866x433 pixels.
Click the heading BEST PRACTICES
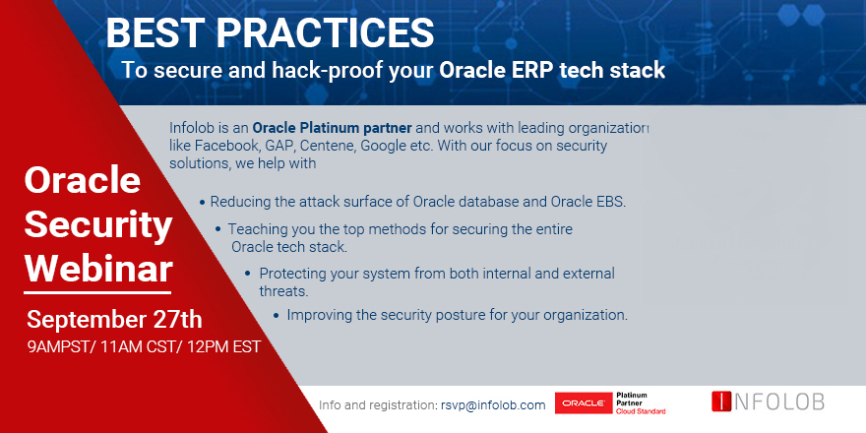[x=270, y=32]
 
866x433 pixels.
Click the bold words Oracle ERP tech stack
[x=552, y=71]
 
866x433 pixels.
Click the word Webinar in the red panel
[x=98, y=267]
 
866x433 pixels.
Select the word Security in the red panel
[x=97, y=224]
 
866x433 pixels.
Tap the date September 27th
[x=114, y=320]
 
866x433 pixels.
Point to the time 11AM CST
[x=144, y=347]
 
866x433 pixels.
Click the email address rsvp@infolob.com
[x=493, y=404]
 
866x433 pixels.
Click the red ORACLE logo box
[x=584, y=403]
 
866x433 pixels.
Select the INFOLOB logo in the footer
[x=768, y=402]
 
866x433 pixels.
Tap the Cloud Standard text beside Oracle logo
[x=641, y=411]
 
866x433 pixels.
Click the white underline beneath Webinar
[x=98, y=291]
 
